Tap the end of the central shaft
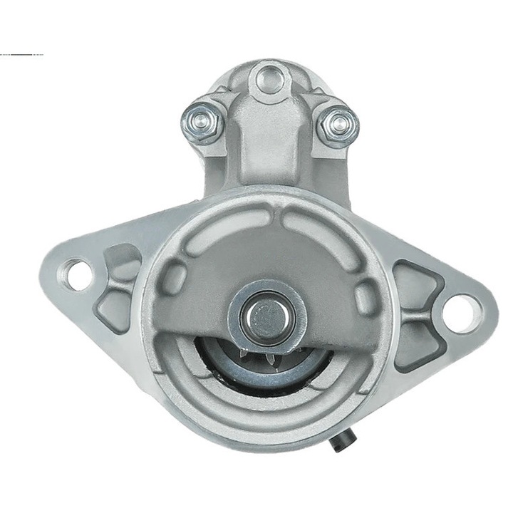click(x=266, y=314)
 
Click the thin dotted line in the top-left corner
click(x=21, y=54)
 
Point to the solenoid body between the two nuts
click(x=269, y=142)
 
